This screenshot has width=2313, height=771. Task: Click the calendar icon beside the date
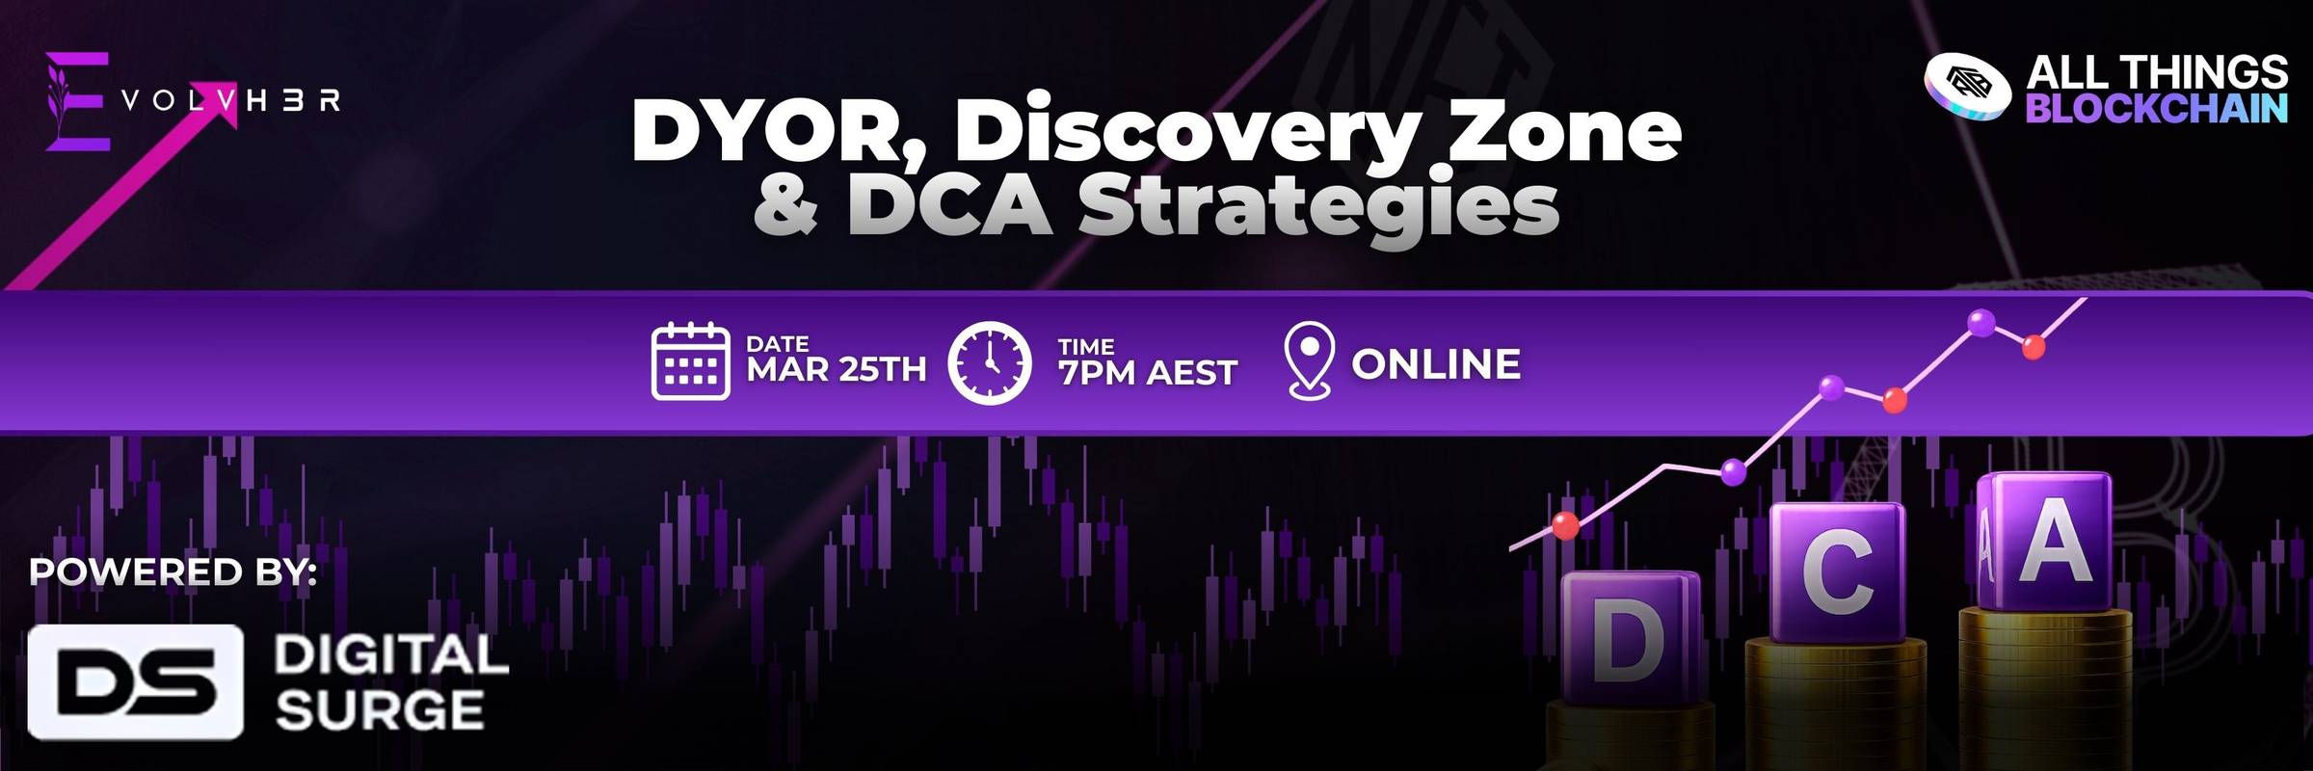[690, 361]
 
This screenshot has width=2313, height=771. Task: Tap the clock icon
[989, 362]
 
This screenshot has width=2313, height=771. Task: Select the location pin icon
[1310, 360]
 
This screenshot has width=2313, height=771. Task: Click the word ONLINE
[1436, 364]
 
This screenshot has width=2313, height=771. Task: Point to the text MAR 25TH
[837, 369]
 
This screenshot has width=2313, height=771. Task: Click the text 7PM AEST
[1147, 372]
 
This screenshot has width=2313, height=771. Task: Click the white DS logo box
[135, 681]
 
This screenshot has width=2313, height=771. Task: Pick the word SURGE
[380, 711]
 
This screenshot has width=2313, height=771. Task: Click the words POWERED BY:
[173, 572]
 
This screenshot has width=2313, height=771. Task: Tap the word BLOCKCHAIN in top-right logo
[2157, 109]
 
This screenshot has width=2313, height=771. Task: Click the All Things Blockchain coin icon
[1967, 87]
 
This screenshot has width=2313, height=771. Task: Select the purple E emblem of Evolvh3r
[77, 101]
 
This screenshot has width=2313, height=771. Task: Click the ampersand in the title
[786, 204]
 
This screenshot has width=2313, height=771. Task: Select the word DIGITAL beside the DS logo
[391, 655]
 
